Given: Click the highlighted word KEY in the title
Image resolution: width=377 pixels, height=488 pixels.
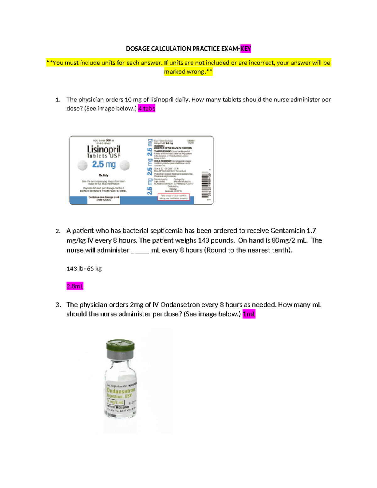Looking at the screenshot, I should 246,49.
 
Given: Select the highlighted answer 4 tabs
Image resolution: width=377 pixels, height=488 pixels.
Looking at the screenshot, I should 147,108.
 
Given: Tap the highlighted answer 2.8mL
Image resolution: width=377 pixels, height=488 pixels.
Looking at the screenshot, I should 75,286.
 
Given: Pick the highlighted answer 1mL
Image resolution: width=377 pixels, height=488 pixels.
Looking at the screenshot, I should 249,314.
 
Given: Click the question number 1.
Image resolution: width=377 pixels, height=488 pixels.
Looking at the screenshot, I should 58,100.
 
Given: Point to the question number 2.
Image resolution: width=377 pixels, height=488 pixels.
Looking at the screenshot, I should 58,231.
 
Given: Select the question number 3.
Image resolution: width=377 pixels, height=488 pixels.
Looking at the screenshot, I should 58,305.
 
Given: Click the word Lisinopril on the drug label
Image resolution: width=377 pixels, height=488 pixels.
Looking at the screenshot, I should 104,149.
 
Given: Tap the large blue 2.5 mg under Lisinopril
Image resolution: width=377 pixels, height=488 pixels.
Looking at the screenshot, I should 104,164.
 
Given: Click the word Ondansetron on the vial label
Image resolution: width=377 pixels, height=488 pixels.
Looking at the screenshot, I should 121,391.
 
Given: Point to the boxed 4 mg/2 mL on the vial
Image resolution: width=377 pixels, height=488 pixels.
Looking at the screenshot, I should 116,402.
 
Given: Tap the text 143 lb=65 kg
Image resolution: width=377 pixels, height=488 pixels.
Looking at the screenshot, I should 84,269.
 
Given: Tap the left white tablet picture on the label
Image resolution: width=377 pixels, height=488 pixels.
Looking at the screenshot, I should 83,165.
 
